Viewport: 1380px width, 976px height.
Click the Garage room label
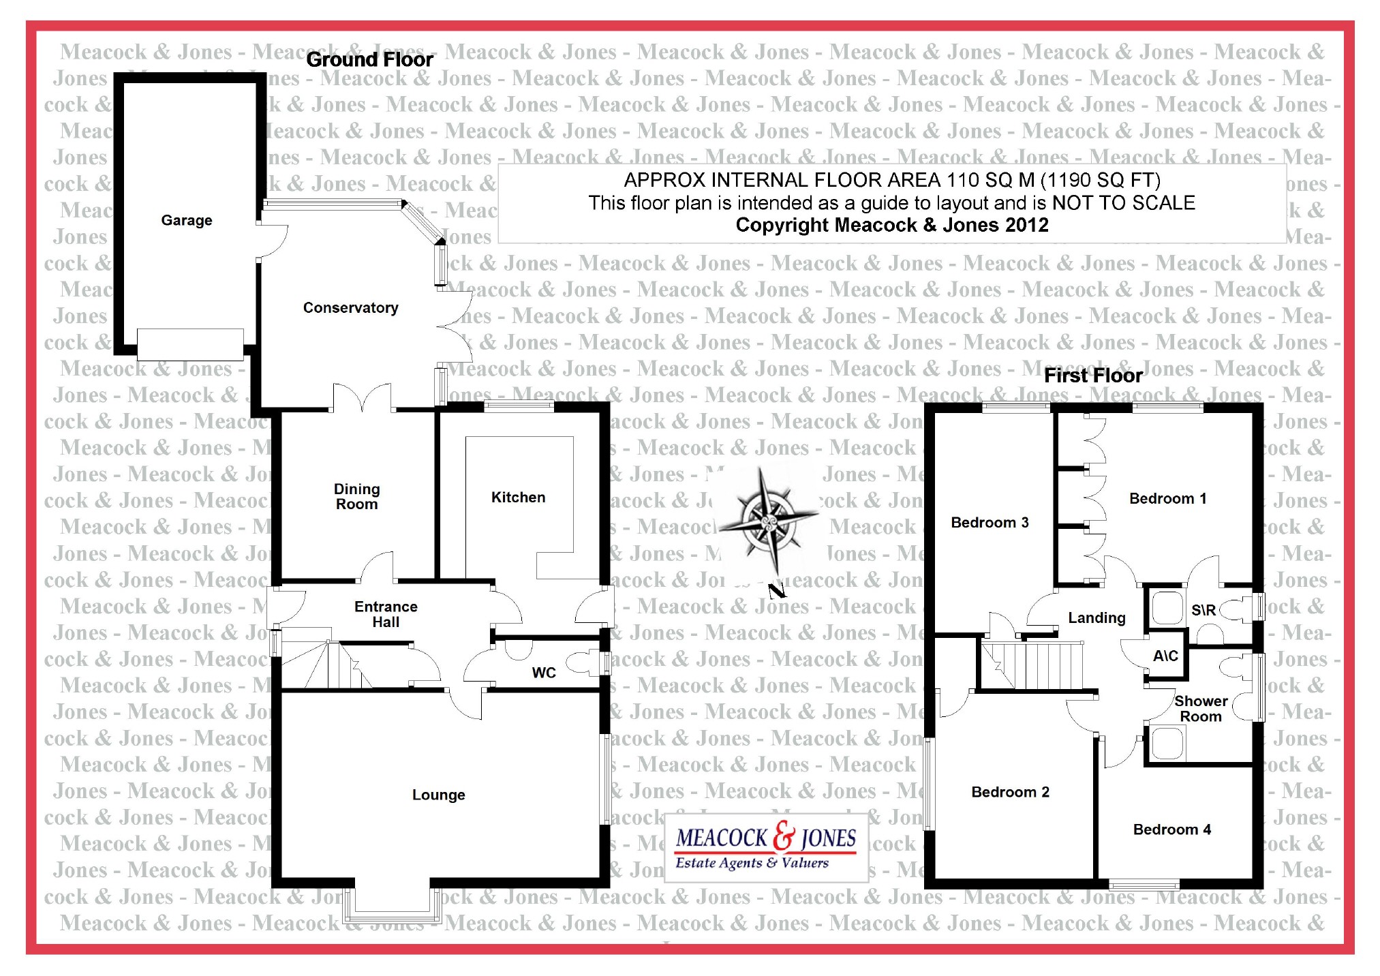tap(186, 220)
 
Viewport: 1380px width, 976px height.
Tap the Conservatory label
tap(350, 307)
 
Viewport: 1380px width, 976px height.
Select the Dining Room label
tap(356, 496)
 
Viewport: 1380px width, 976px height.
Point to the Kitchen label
tap(518, 497)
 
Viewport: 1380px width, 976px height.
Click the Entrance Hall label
tap(386, 613)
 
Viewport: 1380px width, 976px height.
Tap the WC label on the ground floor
tap(543, 673)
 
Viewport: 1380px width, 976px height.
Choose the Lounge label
tap(438, 795)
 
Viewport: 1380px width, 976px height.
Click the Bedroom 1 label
tap(1167, 498)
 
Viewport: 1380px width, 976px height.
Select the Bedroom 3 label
tap(990, 522)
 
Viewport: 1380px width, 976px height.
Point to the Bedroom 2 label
tap(1010, 792)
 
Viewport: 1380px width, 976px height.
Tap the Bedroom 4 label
tap(1171, 829)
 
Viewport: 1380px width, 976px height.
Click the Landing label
tap(1097, 617)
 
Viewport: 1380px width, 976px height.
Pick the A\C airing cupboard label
tap(1165, 656)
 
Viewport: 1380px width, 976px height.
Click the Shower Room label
tap(1201, 708)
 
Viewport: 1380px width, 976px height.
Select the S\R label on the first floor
tap(1203, 610)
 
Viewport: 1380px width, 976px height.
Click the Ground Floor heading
tap(369, 59)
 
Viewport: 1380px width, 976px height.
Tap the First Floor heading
tap(1093, 376)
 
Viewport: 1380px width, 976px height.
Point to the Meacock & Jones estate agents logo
tap(766, 847)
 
